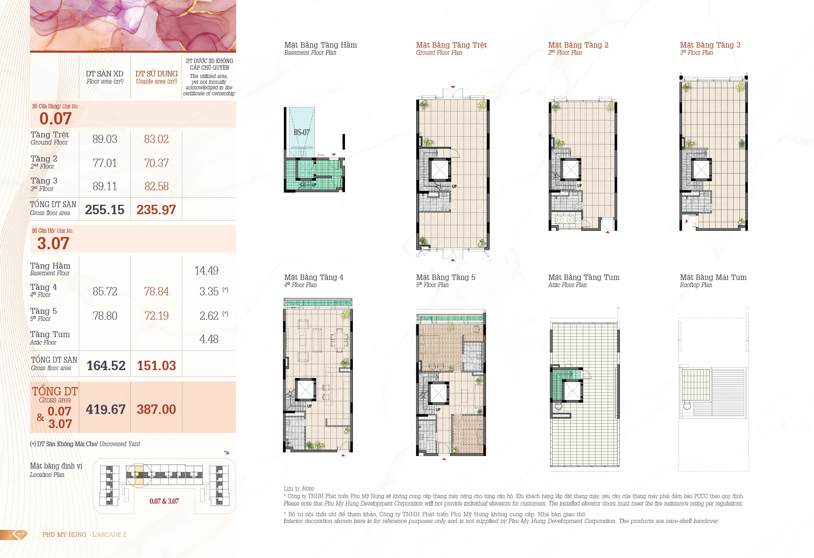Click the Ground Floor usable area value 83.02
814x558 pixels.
(156, 139)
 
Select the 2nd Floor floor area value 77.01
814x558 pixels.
(105, 163)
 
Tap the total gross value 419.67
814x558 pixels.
(106, 410)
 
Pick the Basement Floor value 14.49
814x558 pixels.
(206, 271)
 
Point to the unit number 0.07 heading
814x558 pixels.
(56, 119)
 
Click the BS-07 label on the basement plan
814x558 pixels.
(302, 132)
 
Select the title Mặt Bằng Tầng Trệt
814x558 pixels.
(451, 45)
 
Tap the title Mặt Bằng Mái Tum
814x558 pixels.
(713, 277)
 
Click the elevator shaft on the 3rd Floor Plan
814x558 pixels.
(701, 169)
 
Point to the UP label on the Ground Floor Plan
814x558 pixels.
(454, 186)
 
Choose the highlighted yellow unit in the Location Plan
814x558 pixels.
(139, 475)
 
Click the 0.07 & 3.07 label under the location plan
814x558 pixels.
(164, 501)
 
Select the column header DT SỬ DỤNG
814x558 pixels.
(156, 74)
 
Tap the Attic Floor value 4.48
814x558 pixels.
(209, 339)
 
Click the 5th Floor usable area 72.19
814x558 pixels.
(156, 316)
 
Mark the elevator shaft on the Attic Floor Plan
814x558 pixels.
(572, 391)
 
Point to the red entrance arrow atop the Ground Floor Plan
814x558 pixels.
(453, 87)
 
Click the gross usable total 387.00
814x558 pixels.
(156, 410)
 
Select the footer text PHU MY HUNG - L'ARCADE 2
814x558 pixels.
(84, 535)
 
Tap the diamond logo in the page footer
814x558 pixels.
(20, 534)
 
